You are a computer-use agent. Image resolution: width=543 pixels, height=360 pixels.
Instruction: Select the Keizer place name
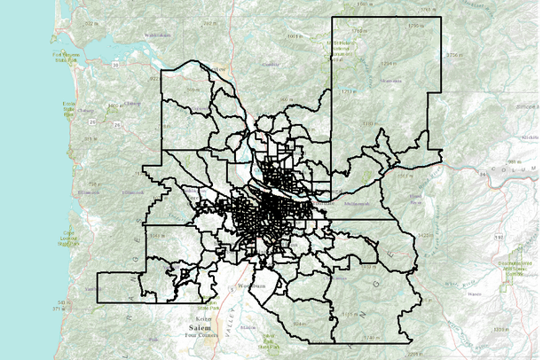point(203,317)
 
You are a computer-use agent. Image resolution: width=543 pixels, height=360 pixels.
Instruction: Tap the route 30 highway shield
point(116,65)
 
